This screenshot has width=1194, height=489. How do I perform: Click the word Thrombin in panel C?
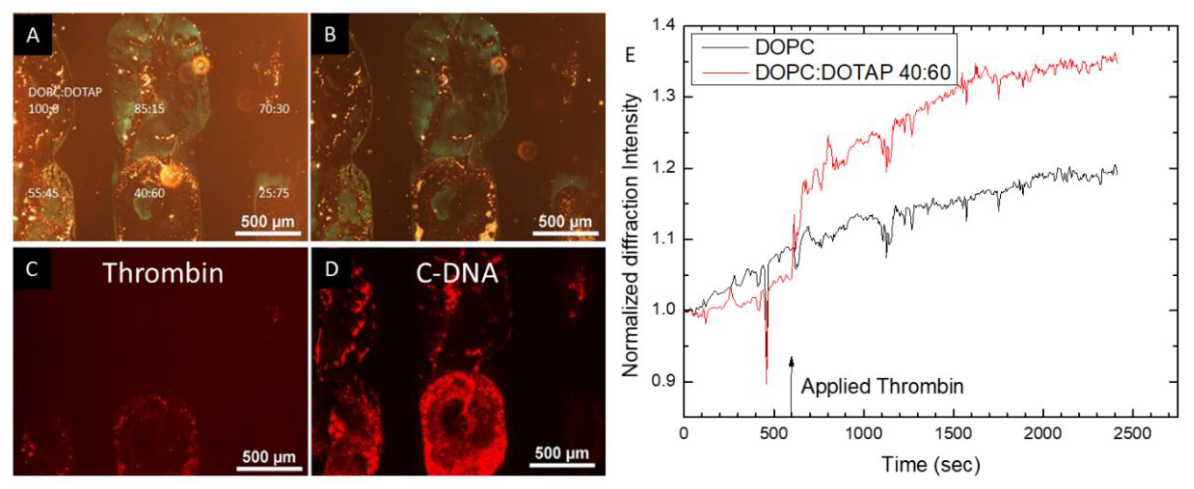click(163, 273)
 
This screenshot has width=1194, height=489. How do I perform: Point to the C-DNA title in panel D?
click(457, 273)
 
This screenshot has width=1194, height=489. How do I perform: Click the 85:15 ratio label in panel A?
click(149, 109)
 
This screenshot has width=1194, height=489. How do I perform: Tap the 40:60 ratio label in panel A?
click(149, 193)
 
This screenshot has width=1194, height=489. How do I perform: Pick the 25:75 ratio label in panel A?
click(274, 193)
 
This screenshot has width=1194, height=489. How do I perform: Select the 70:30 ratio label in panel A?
click(274, 109)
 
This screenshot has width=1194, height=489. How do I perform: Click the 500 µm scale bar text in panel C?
click(269, 457)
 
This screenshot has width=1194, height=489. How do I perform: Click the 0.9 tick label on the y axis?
click(664, 381)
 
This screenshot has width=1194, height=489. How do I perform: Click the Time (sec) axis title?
click(931, 464)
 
